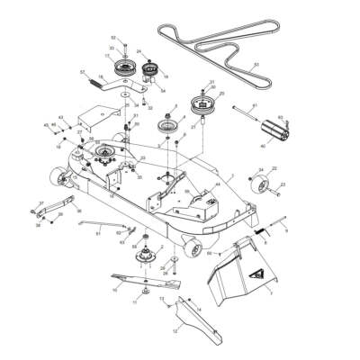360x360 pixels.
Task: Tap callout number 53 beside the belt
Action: tap(256, 66)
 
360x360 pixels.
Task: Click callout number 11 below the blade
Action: tap(135, 303)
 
